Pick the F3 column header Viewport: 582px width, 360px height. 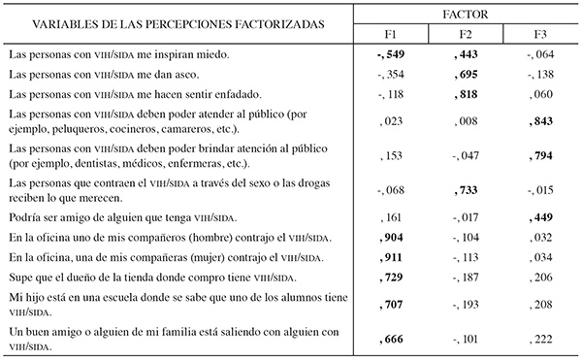coord(541,37)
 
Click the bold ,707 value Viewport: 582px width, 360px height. coord(390,303)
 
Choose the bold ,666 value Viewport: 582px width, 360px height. coord(390,338)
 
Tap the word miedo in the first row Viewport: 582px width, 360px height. coord(211,55)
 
